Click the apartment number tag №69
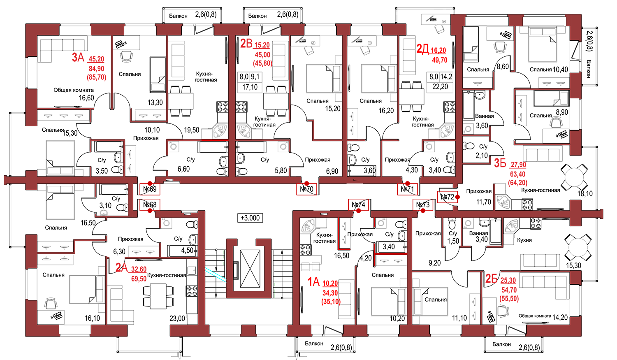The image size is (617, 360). click(150, 189)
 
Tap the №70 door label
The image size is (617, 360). click(306, 189)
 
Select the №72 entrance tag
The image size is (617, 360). click(448, 197)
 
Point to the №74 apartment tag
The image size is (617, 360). click(358, 204)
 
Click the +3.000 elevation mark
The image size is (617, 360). click(250, 218)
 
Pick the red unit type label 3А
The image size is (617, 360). click(78, 58)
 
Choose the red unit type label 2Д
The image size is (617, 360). click(422, 49)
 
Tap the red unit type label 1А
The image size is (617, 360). click(313, 282)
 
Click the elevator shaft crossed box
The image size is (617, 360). click(250, 269)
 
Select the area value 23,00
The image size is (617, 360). click(177, 318)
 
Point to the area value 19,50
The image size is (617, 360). click(191, 130)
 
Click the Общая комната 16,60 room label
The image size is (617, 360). click(74, 94)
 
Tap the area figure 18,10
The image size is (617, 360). click(585, 194)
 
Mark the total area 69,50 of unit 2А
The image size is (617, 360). click(139, 279)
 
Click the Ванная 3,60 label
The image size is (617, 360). click(484, 121)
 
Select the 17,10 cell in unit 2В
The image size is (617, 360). click(250, 87)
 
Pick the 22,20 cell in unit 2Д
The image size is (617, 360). click(440, 87)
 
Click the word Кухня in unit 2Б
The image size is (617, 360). click(524, 240)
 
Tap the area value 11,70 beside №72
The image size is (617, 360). click(484, 202)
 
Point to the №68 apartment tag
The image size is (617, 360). click(150, 204)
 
